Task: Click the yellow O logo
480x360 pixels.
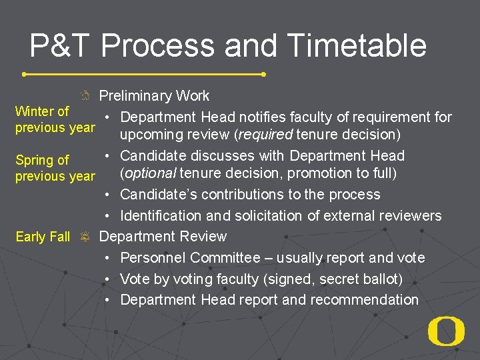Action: tap(446, 332)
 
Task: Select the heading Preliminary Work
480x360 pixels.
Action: tap(154, 96)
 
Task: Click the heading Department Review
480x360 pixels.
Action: tap(163, 237)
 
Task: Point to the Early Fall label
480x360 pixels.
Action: tap(43, 237)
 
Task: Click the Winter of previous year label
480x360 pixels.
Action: tap(55, 119)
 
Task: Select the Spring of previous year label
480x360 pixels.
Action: tap(55, 168)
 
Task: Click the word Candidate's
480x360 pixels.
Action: tap(157, 195)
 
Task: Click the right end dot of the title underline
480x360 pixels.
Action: tap(264, 74)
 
